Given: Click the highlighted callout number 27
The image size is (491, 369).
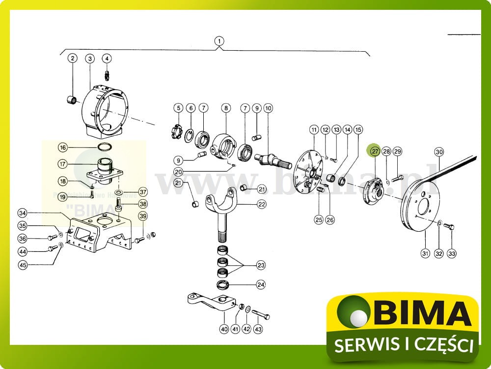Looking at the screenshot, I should [x=375, y=151].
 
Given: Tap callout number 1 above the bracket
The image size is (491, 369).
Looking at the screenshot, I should [x=219, y=41].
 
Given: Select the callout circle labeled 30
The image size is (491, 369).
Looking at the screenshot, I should [x=439, y=152].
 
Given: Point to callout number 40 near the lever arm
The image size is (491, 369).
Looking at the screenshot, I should [x=224, y=329].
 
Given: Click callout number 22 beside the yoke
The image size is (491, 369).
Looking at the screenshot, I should [x=261, y=204].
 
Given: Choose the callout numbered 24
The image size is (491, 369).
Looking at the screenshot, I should [x=261, y=284].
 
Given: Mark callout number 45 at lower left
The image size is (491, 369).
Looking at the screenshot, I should [x=23, y=264].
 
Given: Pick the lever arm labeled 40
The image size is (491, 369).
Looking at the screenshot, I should [x=211, y=302].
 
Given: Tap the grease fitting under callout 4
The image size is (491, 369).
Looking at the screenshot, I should [x=107, y=75].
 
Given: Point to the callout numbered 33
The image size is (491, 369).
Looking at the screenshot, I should [x=451, y=253].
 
